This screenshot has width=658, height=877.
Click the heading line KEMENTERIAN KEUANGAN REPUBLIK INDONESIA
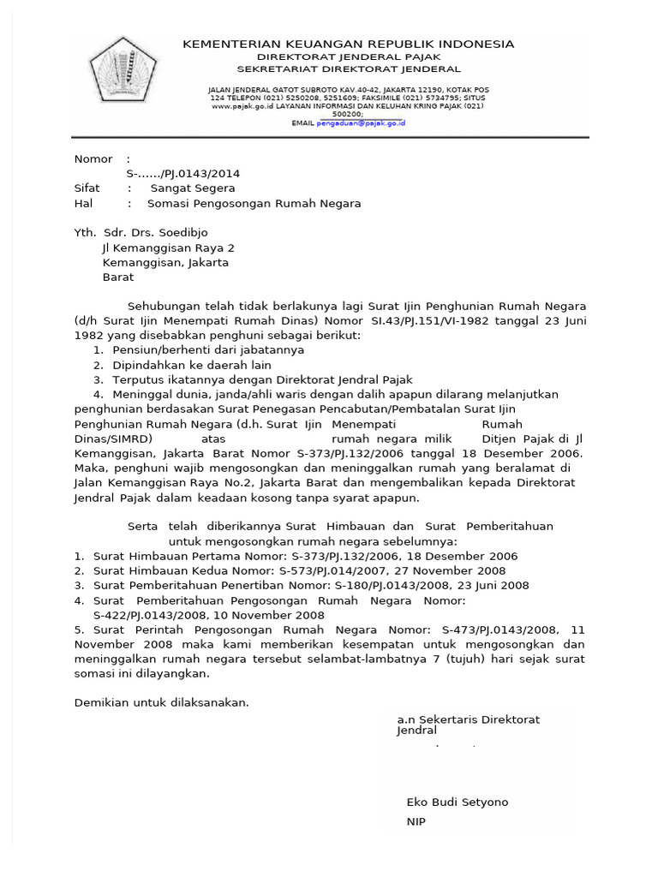pyautogui.click(x=348, y=44)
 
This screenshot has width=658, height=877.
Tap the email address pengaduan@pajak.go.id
pyautogui.click(x=361, y=123)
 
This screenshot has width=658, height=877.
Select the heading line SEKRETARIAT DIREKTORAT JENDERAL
pyautogui.click(x=348, y=69)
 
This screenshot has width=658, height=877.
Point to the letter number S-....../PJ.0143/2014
pyautogui.click(x=177, y=174)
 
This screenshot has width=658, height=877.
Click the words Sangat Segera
pyautogui.click(x=193, y=188)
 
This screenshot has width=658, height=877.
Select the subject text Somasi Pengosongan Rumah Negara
pyautogui.click(x=254, y=204)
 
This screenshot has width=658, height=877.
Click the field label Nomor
pyautogui.click(x=93, y=159)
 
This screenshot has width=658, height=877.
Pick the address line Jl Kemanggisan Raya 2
pyautogui.click(x=169, y=248)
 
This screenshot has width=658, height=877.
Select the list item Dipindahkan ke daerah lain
pyautogui.click(x=192, y=365)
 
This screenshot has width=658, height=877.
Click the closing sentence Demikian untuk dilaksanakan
pyautogui.click(x=162, y=703)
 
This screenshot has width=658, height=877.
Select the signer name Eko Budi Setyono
pyautogui.click(x=457, y=802)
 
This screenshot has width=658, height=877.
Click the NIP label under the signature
pyautogui.click(x=416, y=822)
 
